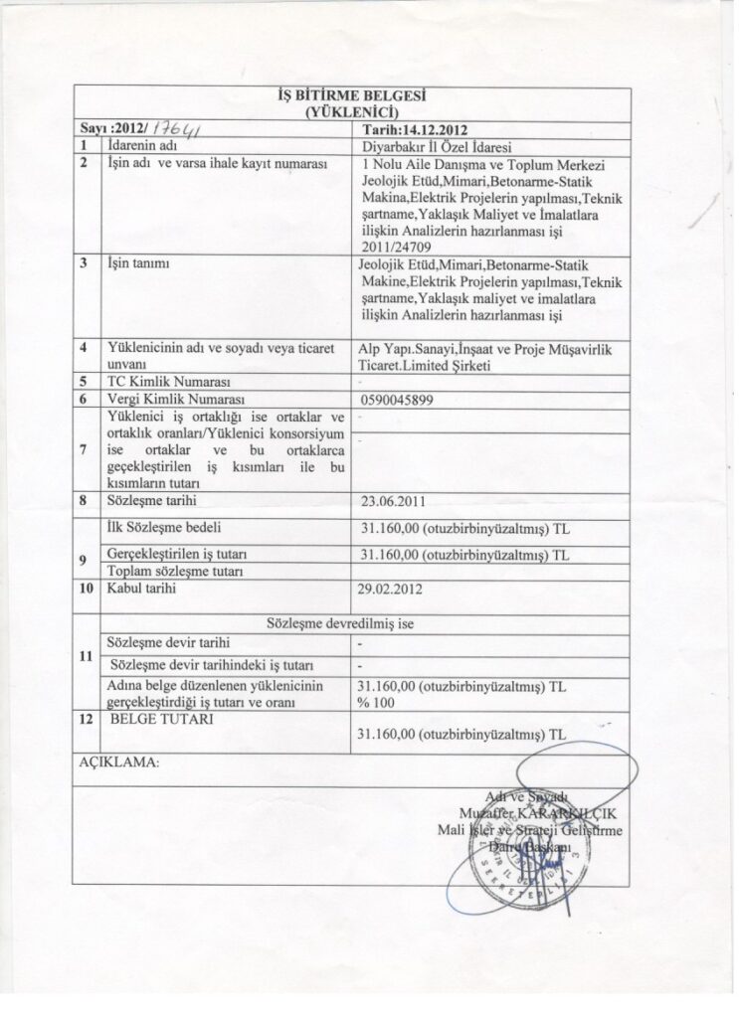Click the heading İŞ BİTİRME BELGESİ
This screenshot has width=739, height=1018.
tap(353, 96)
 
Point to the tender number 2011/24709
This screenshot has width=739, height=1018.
tap(396, 243)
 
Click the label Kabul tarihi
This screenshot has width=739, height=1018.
tap(137, 589)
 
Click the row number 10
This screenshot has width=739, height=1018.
tap(86, 589)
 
